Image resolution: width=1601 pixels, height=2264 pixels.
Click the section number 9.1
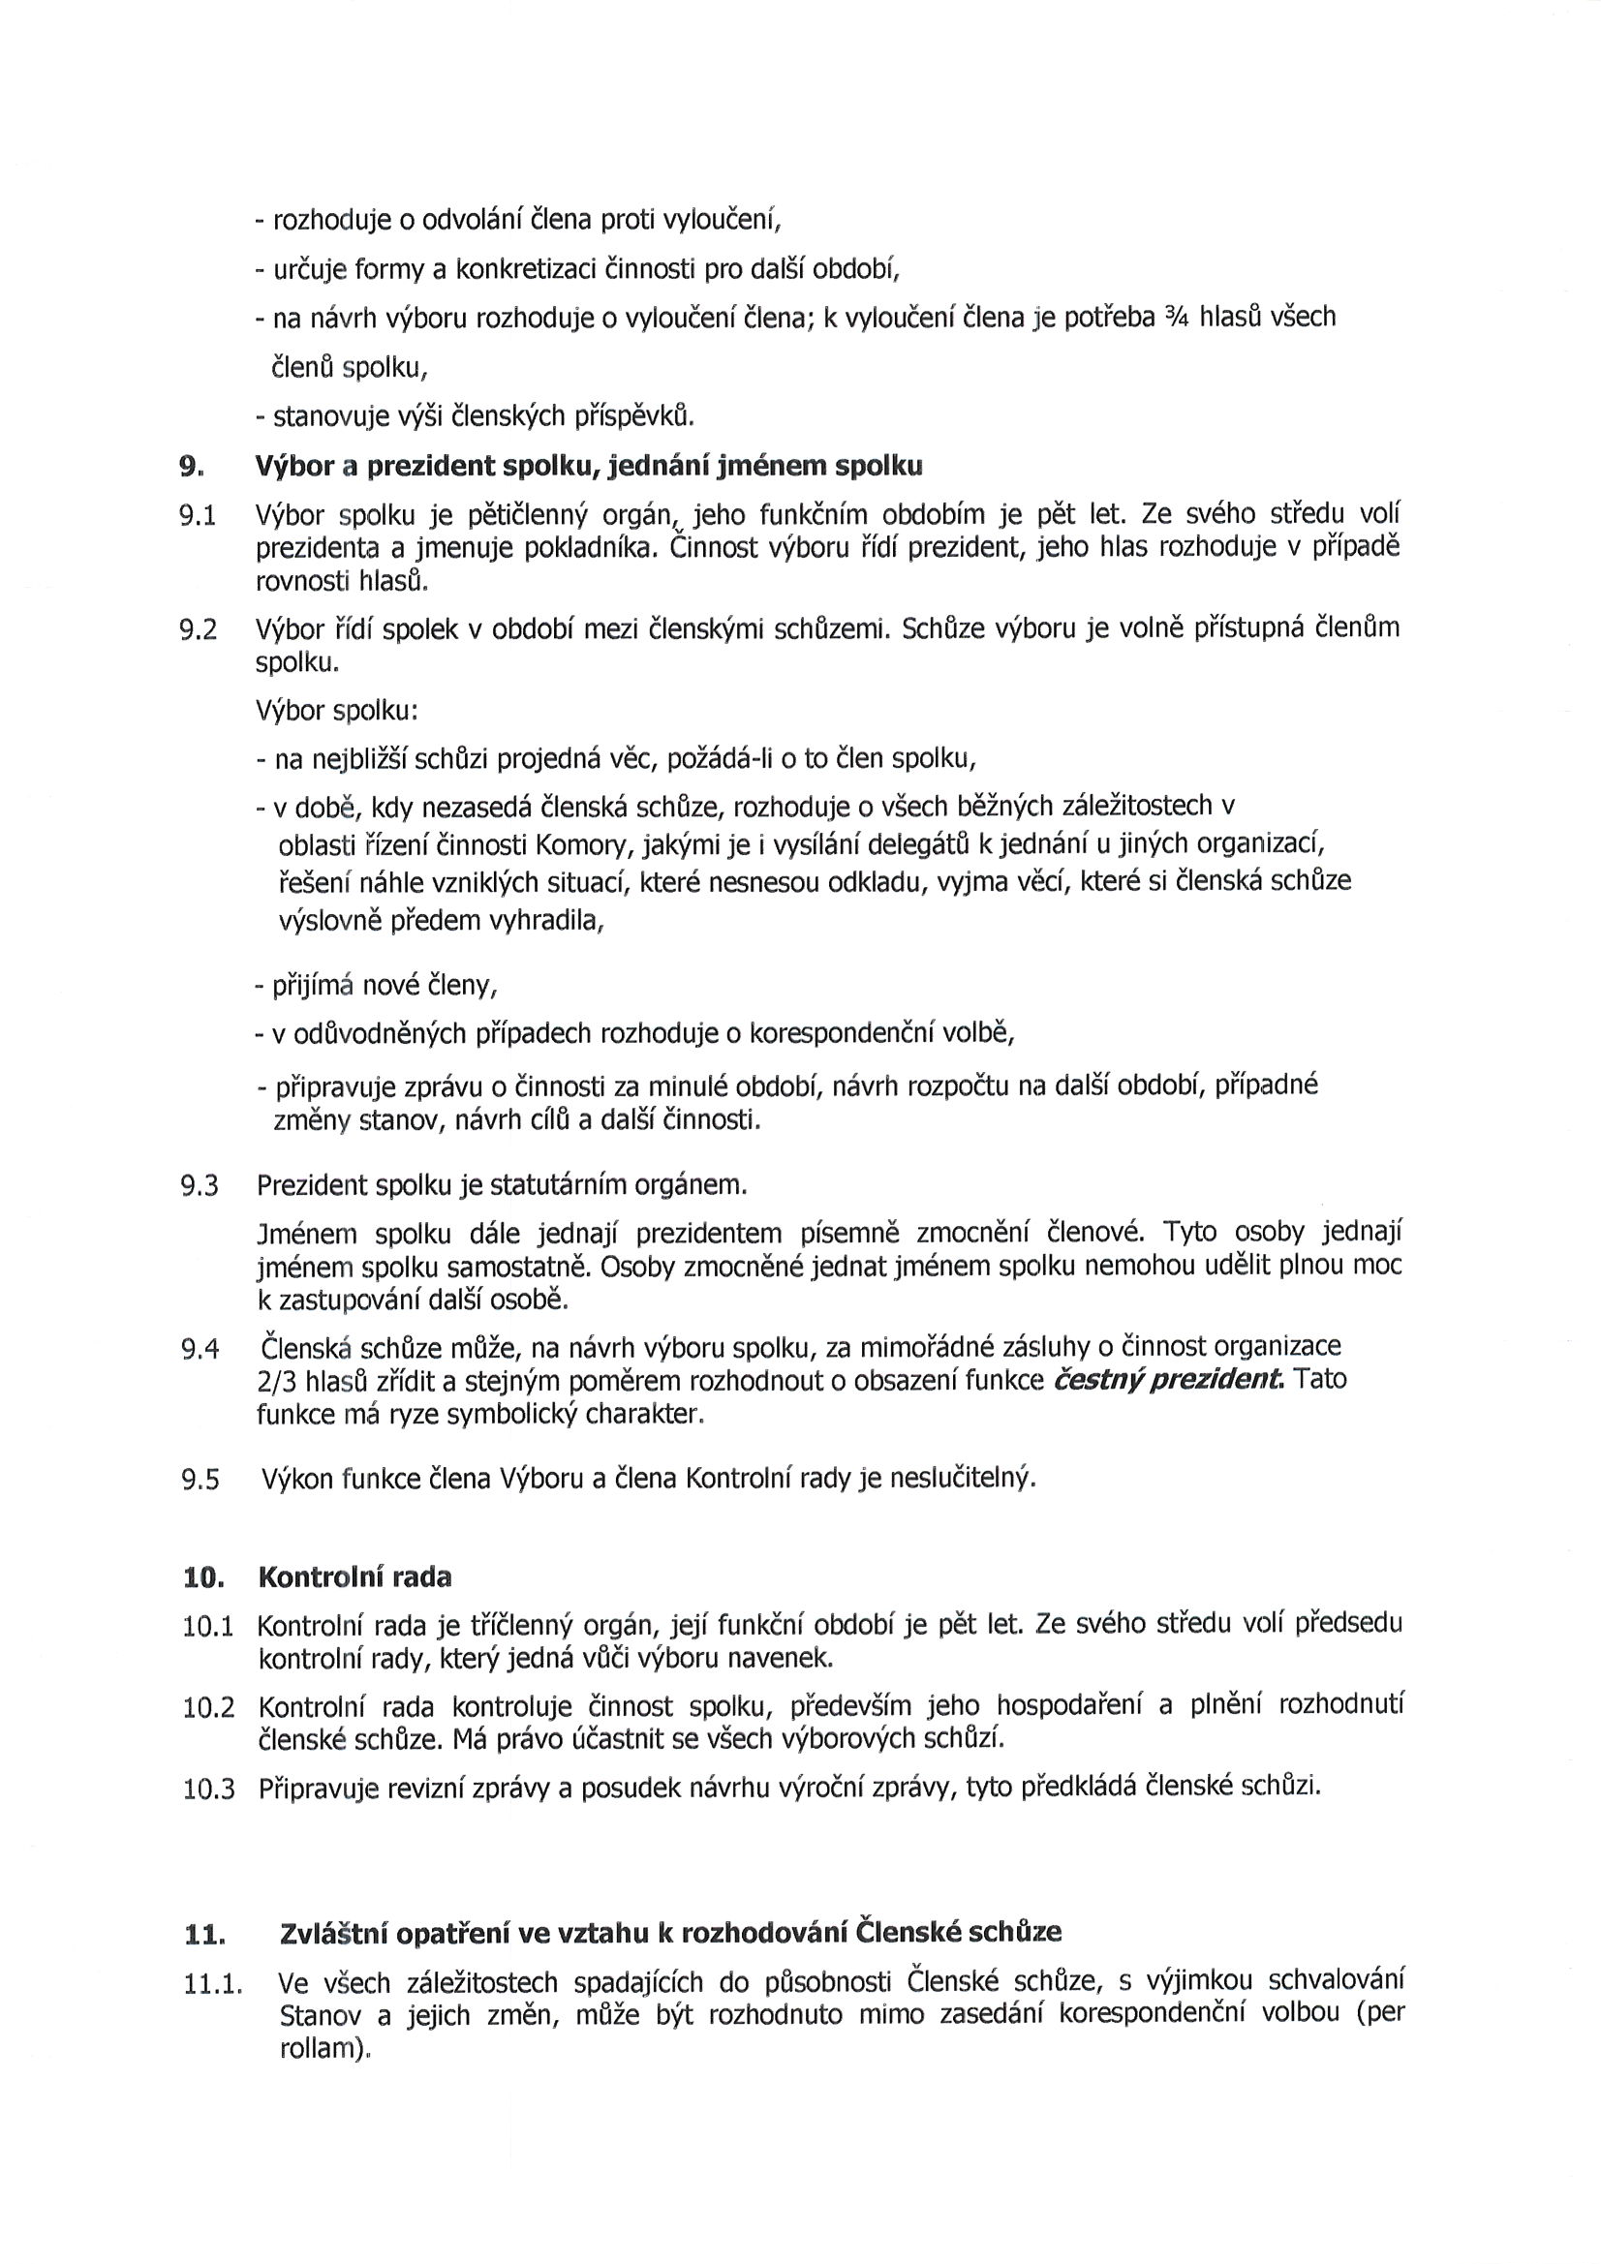(x=198, y=515)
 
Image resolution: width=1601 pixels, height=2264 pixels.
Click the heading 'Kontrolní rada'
(x=354, y=1576)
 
